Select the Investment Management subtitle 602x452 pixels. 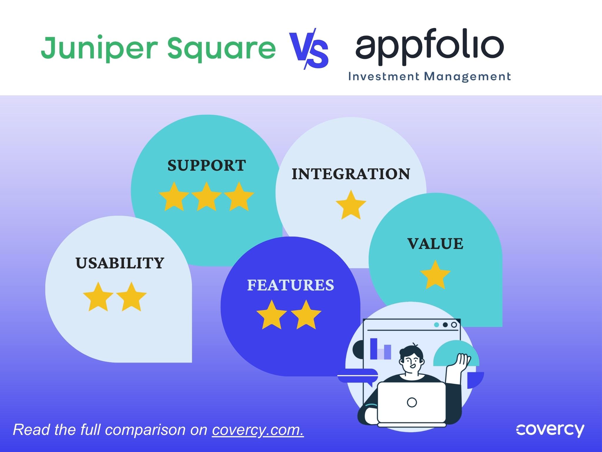[429, 77]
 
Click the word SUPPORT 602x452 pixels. [207, 165]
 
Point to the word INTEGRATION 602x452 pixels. [351, 174]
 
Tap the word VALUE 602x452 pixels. [435, 244]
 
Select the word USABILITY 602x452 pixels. [120, 263]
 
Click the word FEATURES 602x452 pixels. [291, 285]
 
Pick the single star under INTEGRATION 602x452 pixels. [351, 205]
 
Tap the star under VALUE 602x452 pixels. [435, 275]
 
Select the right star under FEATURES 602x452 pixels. [306, 315]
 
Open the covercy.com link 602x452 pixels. [258, 430]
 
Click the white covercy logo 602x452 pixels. [550, 431]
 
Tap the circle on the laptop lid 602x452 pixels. [412, 402]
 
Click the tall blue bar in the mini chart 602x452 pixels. [374, 349]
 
